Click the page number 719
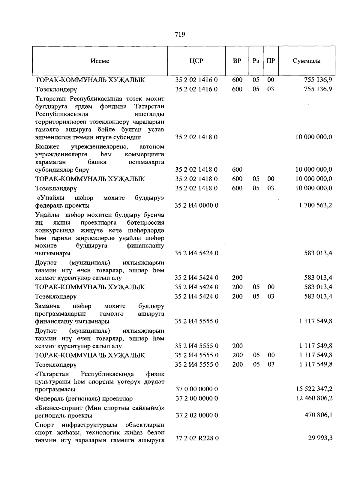pyautogui.click(x=180, y=34)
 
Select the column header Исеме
pyautogui.click(x=100, y=61)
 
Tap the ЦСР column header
pyautogui.click(x=196, y=61)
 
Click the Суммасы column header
pyautogui.click(x=306, y=61)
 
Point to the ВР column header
pyautogui.click(x=237, y=61)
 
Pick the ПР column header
pyautogui.click(x=271, y=61)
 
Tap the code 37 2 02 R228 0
pyautogui.click(x=197, y=438)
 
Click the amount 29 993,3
pyautogui.click(x=320, y=438)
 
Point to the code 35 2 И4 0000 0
pyautogui.click(x=196, y=205)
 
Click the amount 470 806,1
pyautogui.click(x=318, y=415)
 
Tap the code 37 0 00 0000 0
pyautogui.click(x=196, y=389)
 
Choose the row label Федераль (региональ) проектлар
pyautogui.click(x=84, y=399)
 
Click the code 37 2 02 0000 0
pyautogui.click(x=196, y=415)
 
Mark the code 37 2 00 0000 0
pyautogui.click(x=196, y=398)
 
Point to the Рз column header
pyautogui.click(x=256, y=61)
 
